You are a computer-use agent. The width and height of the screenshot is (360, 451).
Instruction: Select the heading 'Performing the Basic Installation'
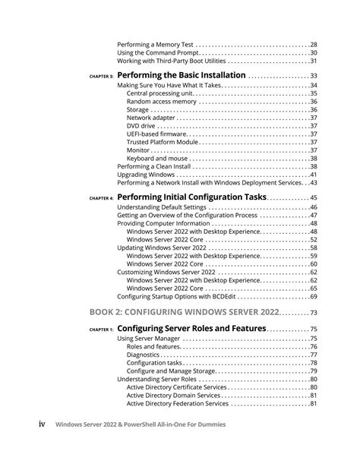(182, 76)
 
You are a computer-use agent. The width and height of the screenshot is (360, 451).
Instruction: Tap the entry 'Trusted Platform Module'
(163, 142)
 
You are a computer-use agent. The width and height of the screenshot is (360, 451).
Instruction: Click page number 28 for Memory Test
(313, 45)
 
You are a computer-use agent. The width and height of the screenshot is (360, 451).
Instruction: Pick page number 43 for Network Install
(313, 182)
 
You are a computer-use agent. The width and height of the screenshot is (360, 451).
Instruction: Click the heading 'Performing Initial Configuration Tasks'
(192, 197)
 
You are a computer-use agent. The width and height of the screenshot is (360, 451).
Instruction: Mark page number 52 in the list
(313, 240)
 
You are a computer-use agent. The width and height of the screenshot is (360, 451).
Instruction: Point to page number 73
(313, 314)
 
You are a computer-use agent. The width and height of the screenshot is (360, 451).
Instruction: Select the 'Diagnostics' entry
(143, 355)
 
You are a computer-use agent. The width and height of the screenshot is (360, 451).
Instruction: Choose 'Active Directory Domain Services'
(175, 395)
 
